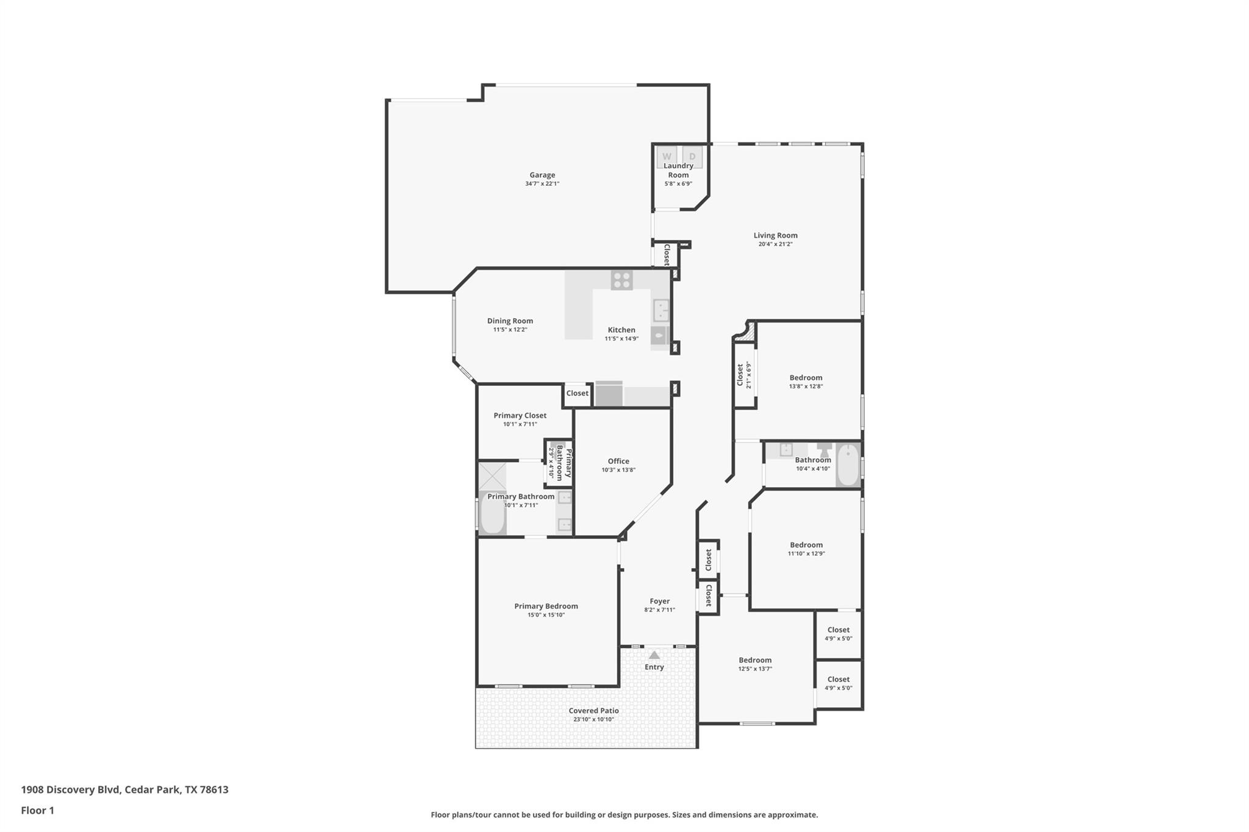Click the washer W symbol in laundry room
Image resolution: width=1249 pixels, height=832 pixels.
click(x=667, y=157)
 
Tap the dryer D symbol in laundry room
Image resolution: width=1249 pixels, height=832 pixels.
click(x=692, y=157)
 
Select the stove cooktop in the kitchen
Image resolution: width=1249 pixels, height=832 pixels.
click(x=621, y=280)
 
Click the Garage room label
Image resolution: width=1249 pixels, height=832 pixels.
click(x=542, y=175)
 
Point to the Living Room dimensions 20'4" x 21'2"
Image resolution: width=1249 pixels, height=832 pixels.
click(x=775, y=244)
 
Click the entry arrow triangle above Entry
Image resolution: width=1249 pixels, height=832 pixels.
click(x=654, y=655)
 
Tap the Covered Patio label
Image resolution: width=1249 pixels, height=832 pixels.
click(x=593, y=711)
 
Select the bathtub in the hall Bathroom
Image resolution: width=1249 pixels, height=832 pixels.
click(x=847, y=464)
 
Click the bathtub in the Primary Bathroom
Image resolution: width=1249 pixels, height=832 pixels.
click(x=492, y=514)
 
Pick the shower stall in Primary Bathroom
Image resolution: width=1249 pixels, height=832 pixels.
click(x=492, y=477)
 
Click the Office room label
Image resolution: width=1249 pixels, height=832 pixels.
click(x=618, y=461)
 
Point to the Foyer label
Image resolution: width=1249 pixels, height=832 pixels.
click(x=659, y=601)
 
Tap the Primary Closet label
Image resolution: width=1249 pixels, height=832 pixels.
click(x=520, y=416)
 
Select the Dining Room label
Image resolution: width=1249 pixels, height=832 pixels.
click(x=510, y=321)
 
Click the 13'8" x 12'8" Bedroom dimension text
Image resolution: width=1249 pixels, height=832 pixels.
click(x=806, y=386)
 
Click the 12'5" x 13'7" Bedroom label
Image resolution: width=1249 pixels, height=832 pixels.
click(x=755, y=660)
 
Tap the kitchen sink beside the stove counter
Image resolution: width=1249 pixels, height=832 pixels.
click(x=661, y=310)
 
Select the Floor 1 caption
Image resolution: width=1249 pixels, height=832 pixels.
click(x=37, y=811)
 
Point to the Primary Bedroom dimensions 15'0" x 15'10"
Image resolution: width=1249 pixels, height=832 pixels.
click(x=546, y=615)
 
